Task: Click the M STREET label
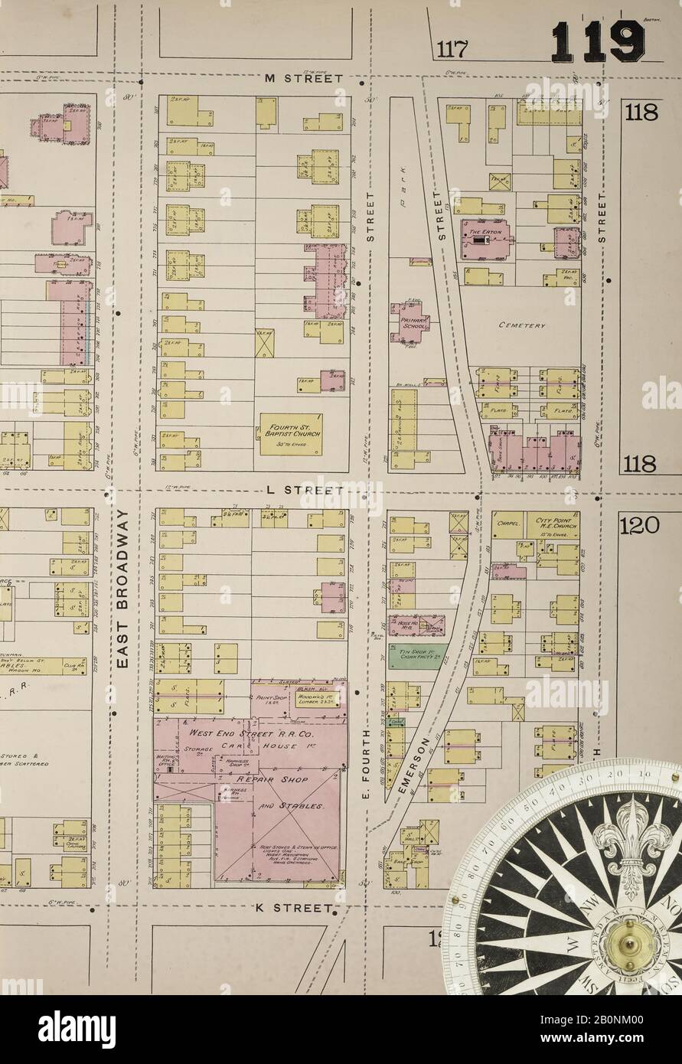(302, 79)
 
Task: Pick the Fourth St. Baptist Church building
(290, 434)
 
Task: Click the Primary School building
(413, 319)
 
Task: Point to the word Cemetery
(521, 325)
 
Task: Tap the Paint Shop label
(269, 700)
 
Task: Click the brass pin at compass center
(632, 950)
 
